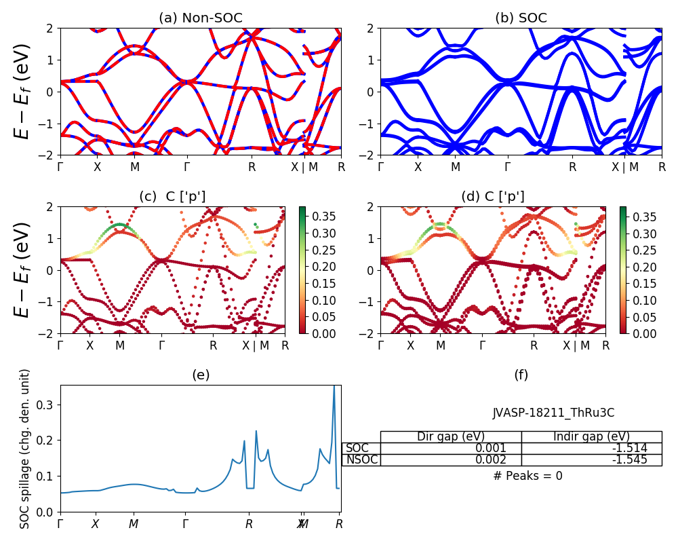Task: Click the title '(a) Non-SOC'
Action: click(x=200, y=18)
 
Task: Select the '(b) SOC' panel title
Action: click(x=521, y=18)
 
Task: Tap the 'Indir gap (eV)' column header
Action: click(x=591, y=436)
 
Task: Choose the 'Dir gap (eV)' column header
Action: click(x=451, y=436)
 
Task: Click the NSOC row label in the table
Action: click(x=361, y=460)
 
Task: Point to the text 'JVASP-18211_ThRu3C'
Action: click(x=553, y=413)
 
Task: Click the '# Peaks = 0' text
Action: click(x=527, y=476)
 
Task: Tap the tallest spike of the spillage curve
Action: click(x=334, y=387)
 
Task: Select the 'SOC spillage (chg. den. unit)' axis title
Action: click(x=26, y=449)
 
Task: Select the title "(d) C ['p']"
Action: click(x=493, y=197)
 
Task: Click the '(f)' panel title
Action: click(x=521, y=375)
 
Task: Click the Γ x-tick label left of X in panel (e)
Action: click(x=60, y=524)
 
